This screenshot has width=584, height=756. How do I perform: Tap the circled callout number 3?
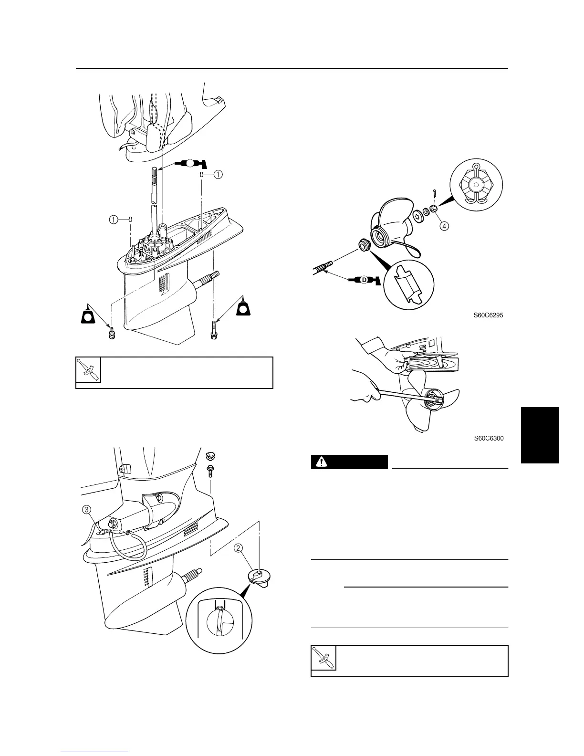pyautogui.click(x=87, y=510)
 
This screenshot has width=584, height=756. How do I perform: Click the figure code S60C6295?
pyautogui.click(x=489, y=315)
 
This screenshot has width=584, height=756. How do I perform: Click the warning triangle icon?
pyautogui.click(x=323, y=462)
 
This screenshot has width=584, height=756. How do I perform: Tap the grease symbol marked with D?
pyautogui.click(x=363, y=280)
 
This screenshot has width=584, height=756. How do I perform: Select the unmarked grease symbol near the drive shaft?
pyautogui.click(x=190, y=163)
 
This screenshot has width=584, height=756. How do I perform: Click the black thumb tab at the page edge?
pyautogui.click(x=540, y=434)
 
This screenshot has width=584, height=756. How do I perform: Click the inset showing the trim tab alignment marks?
pyautogui.click(x=220, y=619)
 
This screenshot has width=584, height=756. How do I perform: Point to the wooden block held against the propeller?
pyautogui.click(x=434, y=361)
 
